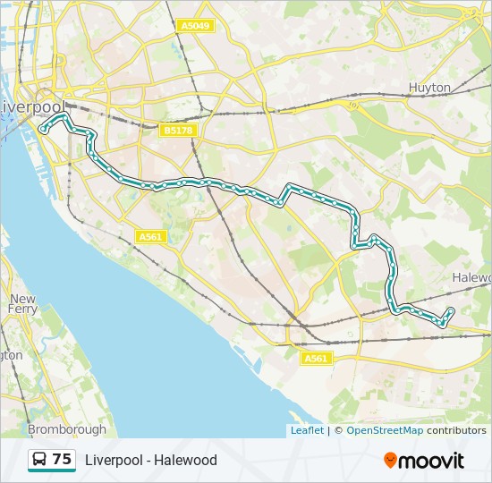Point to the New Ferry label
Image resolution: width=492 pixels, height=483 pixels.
point(23,304)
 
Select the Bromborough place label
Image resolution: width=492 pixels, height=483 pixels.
point(66,429)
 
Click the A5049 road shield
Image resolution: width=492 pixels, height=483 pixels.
point(195,26)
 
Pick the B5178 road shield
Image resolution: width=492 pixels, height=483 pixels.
point(178,131)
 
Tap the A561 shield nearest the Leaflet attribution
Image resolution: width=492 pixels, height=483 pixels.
point(317,358)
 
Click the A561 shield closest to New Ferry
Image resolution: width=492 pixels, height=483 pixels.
point(150,236)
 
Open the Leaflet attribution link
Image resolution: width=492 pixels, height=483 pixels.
point(307,430)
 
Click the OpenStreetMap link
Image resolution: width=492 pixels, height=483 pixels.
point(385,430)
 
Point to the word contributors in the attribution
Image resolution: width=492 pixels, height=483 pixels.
point(456,430)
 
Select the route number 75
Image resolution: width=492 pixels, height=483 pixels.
point(62,460)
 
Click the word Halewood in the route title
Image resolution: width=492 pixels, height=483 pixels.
point(185,461)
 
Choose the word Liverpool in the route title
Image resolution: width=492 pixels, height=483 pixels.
point(114,461)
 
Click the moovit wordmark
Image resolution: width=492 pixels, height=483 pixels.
point(432,461)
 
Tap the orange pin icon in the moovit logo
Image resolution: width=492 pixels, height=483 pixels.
point(391,461)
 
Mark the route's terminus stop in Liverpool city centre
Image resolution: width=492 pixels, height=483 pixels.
point(42,131)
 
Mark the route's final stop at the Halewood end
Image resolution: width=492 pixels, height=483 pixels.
point(450,311)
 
